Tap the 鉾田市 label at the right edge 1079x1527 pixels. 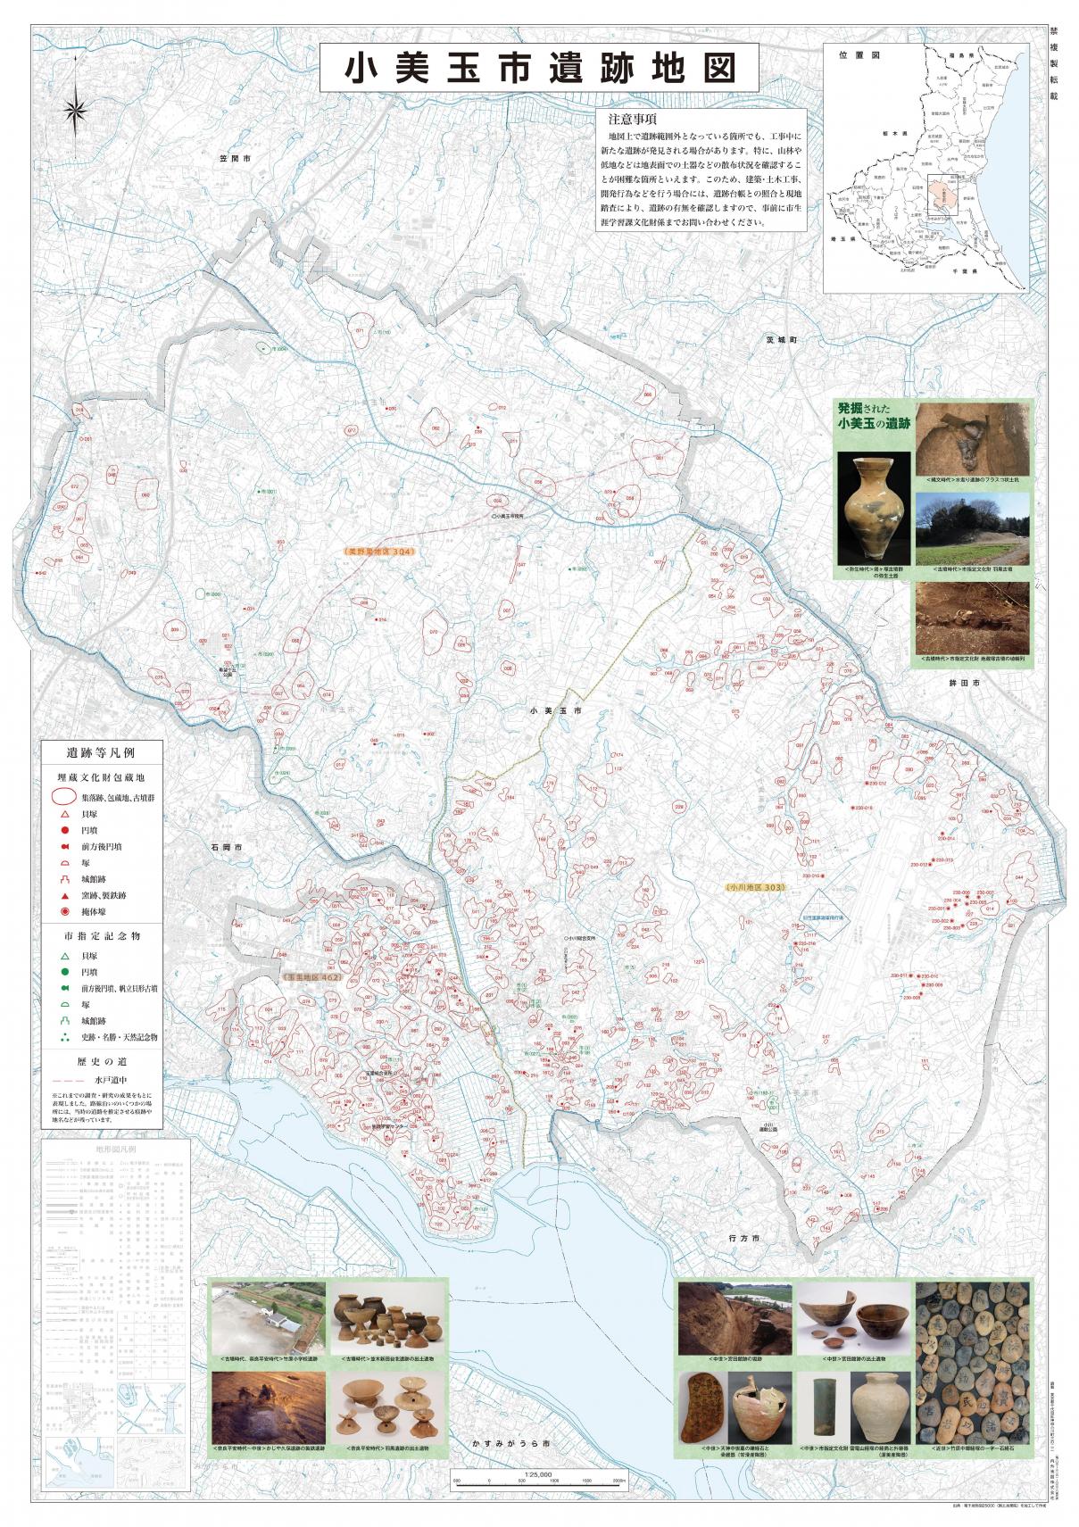(x=965, y=682)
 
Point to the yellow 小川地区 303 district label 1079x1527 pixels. (x=755, y=888)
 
